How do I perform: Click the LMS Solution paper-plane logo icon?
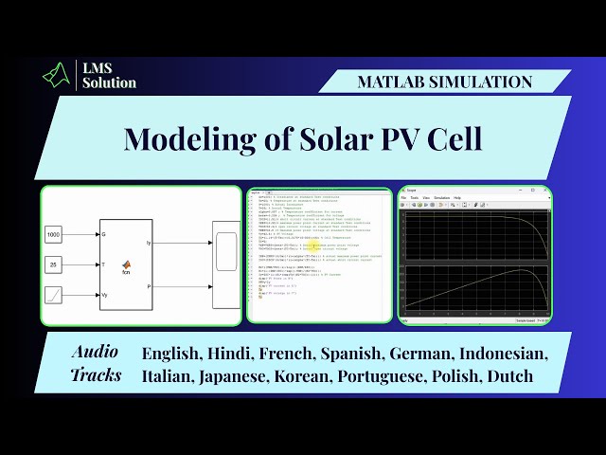pos(58,75)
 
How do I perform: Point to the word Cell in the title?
pos(451,138)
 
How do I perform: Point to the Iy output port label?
pos(148,244)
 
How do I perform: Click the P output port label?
pos(149,283)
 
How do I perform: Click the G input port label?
pos(103,233)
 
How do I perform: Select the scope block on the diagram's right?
pos(226,264)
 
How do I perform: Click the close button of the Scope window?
pos(546,190)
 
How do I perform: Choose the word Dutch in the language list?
pos(511,375)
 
